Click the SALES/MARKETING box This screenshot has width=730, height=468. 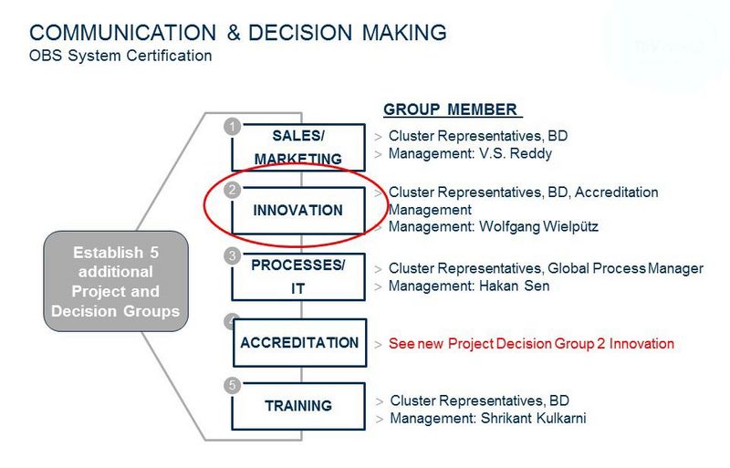pos(298,147)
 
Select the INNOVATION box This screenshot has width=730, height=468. pos(298,211)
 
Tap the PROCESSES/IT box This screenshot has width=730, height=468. pos(298,276)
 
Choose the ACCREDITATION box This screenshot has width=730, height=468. pos(300,343)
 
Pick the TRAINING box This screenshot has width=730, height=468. pos(298,406)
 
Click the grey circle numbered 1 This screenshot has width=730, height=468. pos(233,127)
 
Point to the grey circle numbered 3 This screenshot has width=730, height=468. pos(233,255)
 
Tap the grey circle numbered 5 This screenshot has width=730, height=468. pos(233,386)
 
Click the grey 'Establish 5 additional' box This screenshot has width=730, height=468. pos(116,281)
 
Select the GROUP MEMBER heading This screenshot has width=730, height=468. pos(450,109)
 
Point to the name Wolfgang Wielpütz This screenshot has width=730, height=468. pos(538,227)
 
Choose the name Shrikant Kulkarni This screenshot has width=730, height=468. pos(534,418)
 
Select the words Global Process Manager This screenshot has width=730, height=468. pos(625,268)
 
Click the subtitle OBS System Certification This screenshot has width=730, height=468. pos(120,56)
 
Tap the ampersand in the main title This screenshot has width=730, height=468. pos(234,33)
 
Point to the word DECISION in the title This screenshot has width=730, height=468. pos(300,33)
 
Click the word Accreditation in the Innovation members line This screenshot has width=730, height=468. pos(617,192)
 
